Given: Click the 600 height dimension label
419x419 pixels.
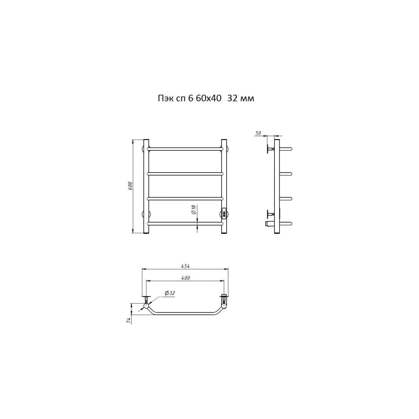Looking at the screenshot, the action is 130,186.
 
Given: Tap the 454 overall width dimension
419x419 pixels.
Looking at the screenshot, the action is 185,266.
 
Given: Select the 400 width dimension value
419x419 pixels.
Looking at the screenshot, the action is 186,278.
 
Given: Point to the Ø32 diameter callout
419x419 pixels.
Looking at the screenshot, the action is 170,293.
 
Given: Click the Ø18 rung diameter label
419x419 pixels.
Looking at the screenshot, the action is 194,209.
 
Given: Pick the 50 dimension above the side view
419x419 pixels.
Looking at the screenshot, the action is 258,133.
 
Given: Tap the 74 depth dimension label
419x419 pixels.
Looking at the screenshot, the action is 129,321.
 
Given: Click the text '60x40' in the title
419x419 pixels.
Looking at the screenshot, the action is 208,98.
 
